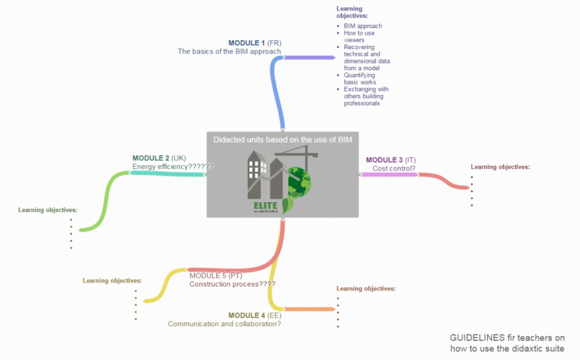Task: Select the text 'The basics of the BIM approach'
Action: coord(230,52)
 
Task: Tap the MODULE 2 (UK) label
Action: coord(158,158)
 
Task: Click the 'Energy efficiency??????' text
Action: coord(173,167)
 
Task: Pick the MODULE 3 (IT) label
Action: coord(390,160)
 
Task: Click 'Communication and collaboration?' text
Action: coord(224,324)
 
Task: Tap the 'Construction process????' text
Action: coord(232,285)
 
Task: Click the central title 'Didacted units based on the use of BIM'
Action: coord(282,140)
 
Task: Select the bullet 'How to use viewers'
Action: coord(359,36)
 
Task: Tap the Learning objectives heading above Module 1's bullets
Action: coord(353,12)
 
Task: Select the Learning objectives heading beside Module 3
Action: coord(500,167)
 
